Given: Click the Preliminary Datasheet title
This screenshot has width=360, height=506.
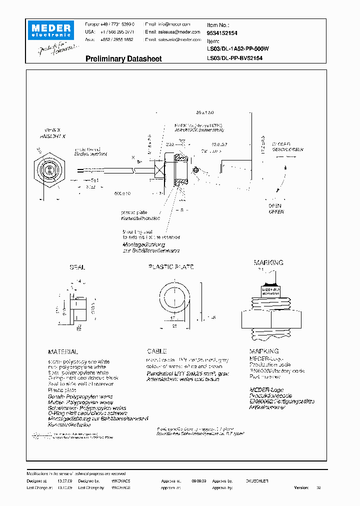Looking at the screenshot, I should [123, 59].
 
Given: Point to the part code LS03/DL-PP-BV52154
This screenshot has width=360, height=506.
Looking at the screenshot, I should [234, 58].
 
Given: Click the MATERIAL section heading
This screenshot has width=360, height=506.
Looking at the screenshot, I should [62, 352].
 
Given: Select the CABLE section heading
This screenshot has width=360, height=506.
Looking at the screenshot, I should [156, 351].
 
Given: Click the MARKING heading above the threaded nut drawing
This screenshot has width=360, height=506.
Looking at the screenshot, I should [268, 262].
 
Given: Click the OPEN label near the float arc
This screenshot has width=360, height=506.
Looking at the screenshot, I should [275, 205].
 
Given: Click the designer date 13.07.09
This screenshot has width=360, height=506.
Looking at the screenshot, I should [64, 480].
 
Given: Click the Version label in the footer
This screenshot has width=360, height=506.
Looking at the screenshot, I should [301, 487].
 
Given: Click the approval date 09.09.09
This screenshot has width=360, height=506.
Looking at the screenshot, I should [198, 480].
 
